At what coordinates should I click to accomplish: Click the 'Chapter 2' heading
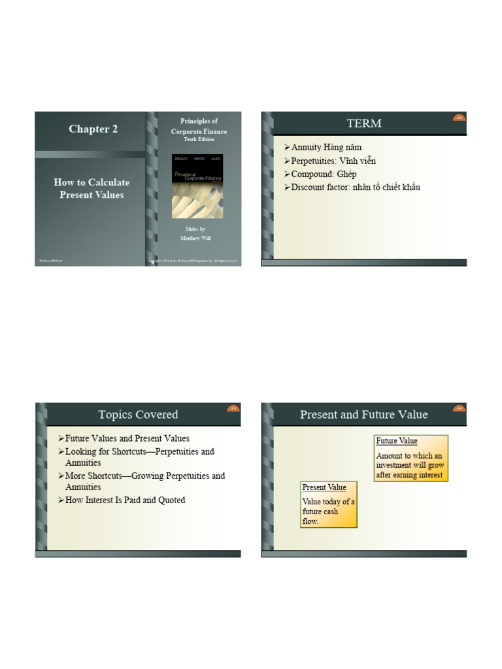pyautogui.click(x=93, y=129)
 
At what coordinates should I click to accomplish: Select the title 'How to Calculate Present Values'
pyautogui.click(x=92, y=189)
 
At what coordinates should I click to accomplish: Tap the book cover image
pyautogui.click(x=197, y=186)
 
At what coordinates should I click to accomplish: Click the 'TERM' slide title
pyautogui.click(x=364, y=123)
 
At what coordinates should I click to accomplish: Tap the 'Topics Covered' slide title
pyautogui.click(x=138, y=415)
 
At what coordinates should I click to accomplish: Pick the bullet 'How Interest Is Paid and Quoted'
pyautogui.click(x=125, y=500)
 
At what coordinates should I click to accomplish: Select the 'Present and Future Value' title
pyautogui.click(x=364, y=415)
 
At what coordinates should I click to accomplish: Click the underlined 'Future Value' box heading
pyautogui.click(x=397, y=441)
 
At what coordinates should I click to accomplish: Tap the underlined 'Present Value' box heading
pyautogui.click(x=324, y=487)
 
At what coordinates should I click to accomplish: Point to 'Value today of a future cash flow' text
pyautogui.click(x=328, y=512)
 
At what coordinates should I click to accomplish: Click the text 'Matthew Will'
pyautogui.click(x=195, y=238)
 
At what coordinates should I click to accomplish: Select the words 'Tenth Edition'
pyautogui.click(x=199, y=140)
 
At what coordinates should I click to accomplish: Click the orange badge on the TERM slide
pyautogui.click(x=459, y=118)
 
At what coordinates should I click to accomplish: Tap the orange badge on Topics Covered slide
pyautogui.click(x=233, y=409)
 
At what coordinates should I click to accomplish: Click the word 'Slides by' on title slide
pyautogui.click(x=195, y=229)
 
